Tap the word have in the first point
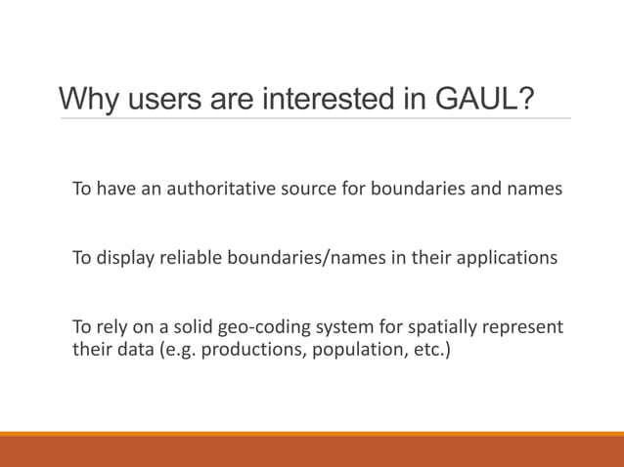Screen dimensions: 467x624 pos(115,189)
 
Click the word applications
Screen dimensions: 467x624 pos(509,258)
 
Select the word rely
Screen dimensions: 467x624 pos(115,326)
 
